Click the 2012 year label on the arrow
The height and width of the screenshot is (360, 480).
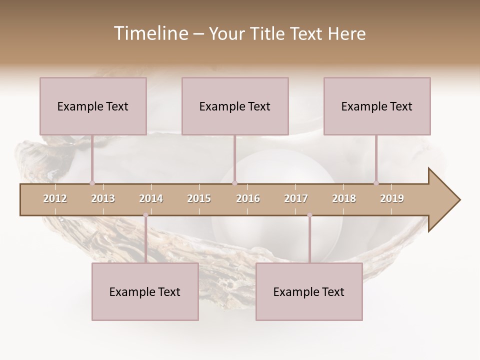55,198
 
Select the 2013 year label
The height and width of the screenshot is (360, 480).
103,198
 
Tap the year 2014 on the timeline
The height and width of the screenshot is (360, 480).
151,198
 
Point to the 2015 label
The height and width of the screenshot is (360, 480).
199,198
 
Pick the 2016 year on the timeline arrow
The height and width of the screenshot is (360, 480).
248,198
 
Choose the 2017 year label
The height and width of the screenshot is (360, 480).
296,198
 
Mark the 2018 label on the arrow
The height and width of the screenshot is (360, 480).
344,198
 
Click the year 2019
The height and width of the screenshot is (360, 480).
392,198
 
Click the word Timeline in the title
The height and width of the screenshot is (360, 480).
150,33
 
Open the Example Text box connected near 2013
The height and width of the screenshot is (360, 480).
93,106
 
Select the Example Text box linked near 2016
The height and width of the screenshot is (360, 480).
235,106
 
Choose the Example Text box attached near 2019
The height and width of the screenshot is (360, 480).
377,106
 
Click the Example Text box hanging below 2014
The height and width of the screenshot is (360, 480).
145,291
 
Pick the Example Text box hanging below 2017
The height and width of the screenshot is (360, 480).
309,291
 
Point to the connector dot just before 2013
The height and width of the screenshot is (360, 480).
92,183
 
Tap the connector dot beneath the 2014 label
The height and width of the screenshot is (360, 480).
145,215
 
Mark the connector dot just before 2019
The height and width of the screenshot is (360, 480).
376,183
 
